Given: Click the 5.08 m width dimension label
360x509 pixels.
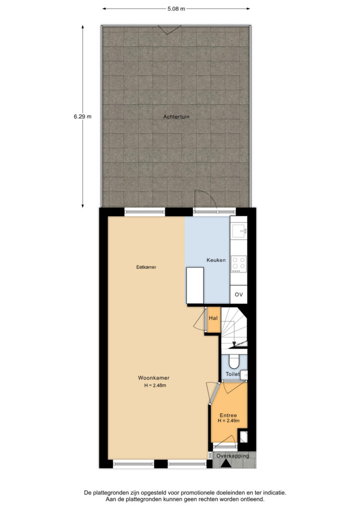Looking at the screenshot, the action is coord(176,9).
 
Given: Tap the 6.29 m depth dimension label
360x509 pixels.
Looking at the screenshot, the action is coord(83,116).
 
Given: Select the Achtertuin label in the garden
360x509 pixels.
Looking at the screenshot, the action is coord(176,116).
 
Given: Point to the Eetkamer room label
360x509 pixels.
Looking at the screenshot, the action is coord(146,267).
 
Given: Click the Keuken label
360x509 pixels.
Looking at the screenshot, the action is coord(216,260).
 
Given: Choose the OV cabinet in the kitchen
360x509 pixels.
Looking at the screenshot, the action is coord(239,294).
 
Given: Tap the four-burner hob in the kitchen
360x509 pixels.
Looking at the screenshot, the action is coord(239,264).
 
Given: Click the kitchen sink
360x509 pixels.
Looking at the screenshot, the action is coord(239,231).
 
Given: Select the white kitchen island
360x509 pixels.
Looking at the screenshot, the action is coord(195,285).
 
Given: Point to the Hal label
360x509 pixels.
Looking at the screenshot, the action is coord(213,318).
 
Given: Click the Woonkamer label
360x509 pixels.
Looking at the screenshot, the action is coord(154,378).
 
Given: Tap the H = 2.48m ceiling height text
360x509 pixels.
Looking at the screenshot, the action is coord(155,385).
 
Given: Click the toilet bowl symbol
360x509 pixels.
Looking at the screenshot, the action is coord(233,361).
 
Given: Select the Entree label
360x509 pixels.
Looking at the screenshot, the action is coord(228,415).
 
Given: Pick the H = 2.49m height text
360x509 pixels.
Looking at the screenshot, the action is coord(229,421).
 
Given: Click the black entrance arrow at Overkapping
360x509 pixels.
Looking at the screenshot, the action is coord(226,464).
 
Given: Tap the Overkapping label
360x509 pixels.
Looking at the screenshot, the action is coord(232,456).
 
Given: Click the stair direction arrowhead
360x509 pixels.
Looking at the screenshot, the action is coord(234,344).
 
